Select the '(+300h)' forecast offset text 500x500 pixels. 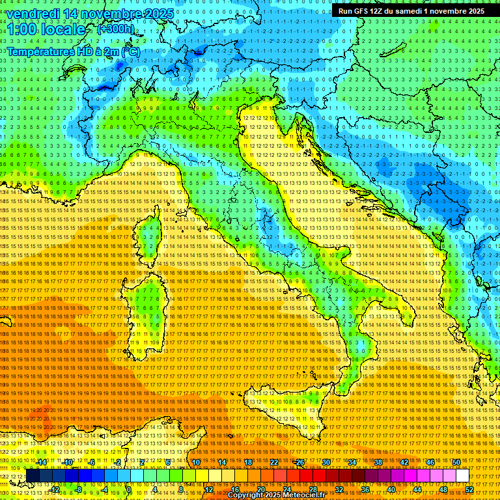(115, 29)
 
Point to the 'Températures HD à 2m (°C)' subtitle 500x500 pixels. (74, 51)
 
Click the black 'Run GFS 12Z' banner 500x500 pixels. (411, 11)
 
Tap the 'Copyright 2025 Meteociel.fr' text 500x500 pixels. (281, 495)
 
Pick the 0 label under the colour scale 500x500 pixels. (129, 489)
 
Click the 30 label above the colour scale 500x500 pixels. (326, 462)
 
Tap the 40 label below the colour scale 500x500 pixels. (391, 489)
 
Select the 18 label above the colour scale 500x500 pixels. (247, 462)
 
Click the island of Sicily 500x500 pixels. (286, 407)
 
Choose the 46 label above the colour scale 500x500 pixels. (430, 462)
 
